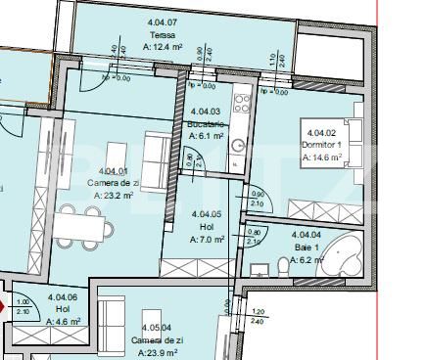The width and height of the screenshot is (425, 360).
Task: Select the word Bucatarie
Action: [x=206, y=124]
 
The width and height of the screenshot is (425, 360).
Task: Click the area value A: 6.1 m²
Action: [x=206, y=136]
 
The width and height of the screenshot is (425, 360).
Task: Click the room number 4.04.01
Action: [x=113, y=172]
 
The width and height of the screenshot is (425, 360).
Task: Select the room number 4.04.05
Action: [x=207, y=214]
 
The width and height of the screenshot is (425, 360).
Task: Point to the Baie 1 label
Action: [x=306, y=247]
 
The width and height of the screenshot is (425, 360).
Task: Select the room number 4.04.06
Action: [x=64, y=297]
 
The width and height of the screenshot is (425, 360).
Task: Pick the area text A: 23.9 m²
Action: [x=157, y=352]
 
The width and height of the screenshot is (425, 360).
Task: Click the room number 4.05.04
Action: [x=157, y=329]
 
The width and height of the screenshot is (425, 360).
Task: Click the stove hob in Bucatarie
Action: [x=237, y=102]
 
